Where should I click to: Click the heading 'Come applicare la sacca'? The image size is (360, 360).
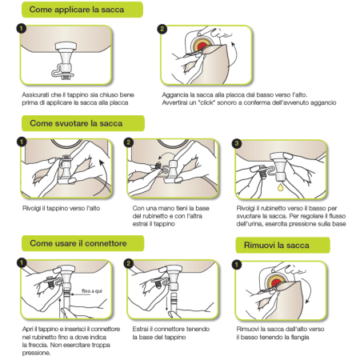[x=77, y=10]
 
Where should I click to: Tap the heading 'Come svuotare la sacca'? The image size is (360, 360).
[x=76, y=123]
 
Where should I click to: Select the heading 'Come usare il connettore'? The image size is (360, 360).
[x=78, y=243]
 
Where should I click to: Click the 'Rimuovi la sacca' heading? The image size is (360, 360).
[x=277, y=245]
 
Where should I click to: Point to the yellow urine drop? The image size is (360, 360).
[x=280, y=187]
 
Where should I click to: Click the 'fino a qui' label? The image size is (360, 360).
[x=92, y=291]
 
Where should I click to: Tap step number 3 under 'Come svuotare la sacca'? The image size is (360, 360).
[x=237, y=143]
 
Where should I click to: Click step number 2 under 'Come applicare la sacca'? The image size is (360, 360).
[x=162, y=29]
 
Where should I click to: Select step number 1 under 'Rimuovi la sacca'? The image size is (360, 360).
[x=237, y=265]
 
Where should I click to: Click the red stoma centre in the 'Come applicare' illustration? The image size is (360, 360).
[x=202, y=46]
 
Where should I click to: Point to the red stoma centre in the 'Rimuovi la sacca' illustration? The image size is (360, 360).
[x=276, y=282]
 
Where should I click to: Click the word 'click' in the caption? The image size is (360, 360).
[x=207, y=102]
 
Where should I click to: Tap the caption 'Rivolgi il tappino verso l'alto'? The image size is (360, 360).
[x=61, y=208]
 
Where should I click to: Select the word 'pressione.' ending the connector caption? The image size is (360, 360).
[x=36, y=353]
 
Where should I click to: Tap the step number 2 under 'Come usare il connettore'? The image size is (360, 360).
[x=129, y=263]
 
